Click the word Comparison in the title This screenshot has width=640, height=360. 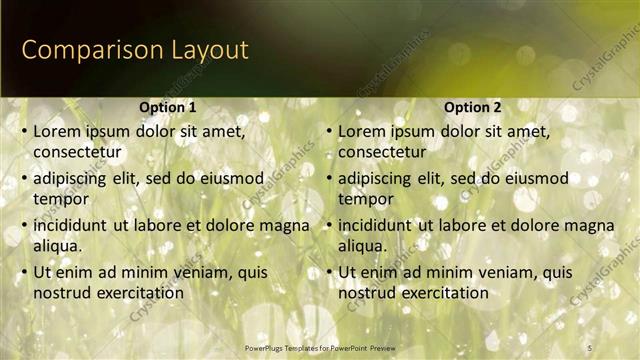pos(84,50)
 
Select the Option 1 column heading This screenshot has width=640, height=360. pos(166,107)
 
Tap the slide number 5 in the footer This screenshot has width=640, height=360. pos(589,347)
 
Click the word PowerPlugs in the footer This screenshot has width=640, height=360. pos(265,347)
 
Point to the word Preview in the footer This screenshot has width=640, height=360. pos(393,347)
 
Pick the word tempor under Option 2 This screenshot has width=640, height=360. pos(365,199)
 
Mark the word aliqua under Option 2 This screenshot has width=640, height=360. pos(363,246)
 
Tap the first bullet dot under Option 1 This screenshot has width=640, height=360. pos(24,131)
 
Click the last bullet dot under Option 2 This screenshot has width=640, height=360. pos(329,272)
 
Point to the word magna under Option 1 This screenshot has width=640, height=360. pos(285,225)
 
